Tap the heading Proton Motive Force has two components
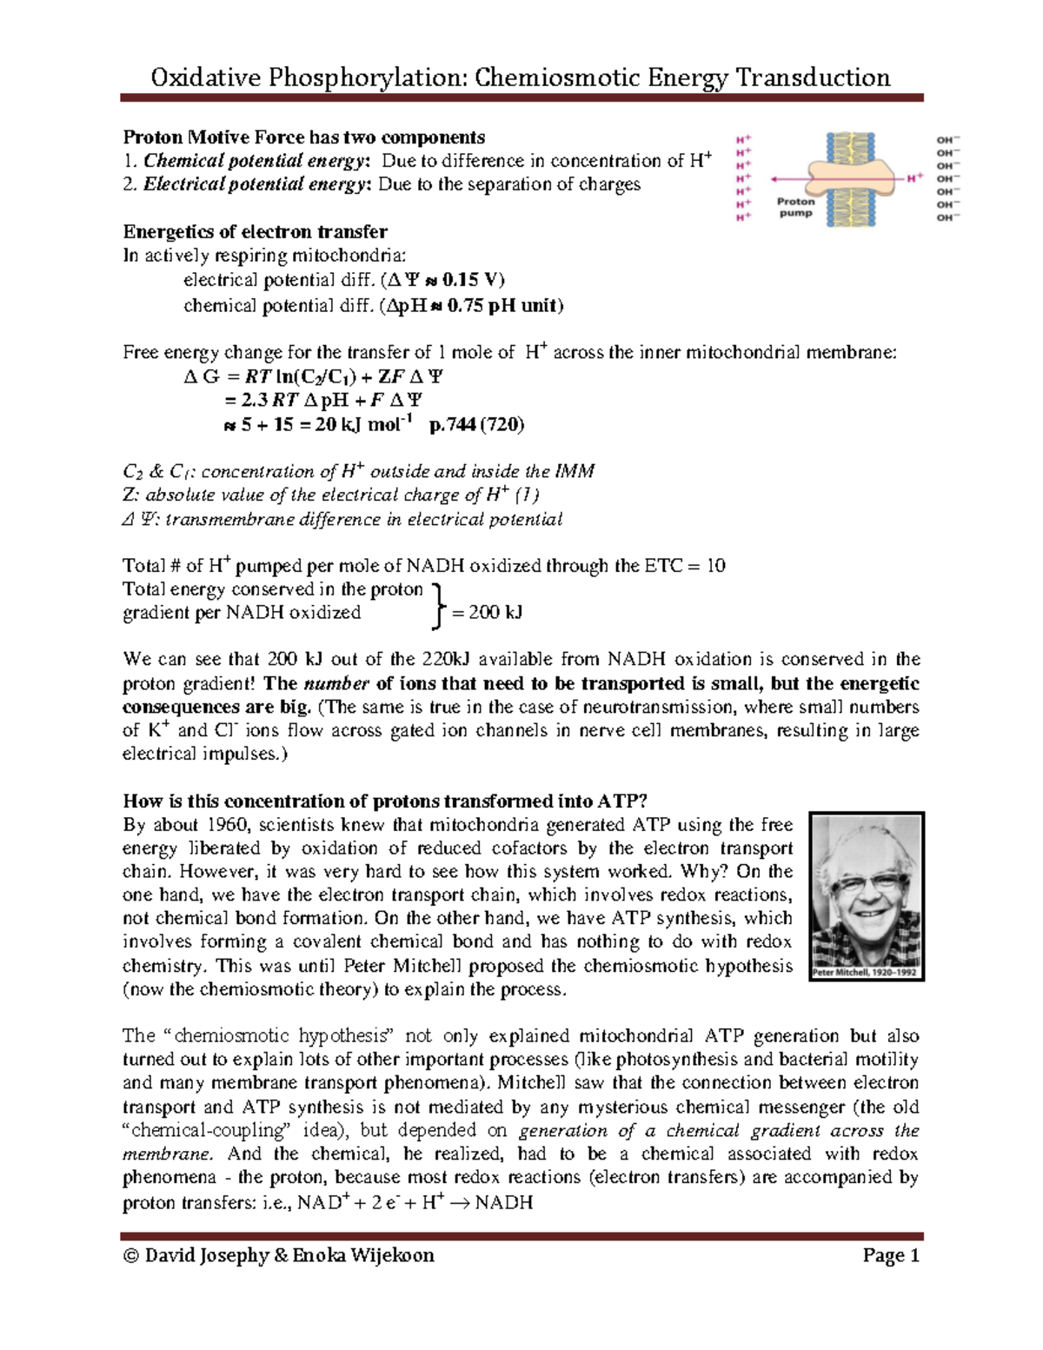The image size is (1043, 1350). pos(303,137)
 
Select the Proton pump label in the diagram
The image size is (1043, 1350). pos(795,207)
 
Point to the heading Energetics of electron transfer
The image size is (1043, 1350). pos(255,232)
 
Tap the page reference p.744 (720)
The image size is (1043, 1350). pos(476,425)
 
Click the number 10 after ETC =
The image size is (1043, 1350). pos(715,566)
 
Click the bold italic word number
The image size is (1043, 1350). pos(336,683)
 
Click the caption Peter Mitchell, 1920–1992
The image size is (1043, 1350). pos(865,973)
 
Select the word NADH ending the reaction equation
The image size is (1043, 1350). pos(503,1203)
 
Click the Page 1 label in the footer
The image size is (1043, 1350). pos(891,1255)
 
